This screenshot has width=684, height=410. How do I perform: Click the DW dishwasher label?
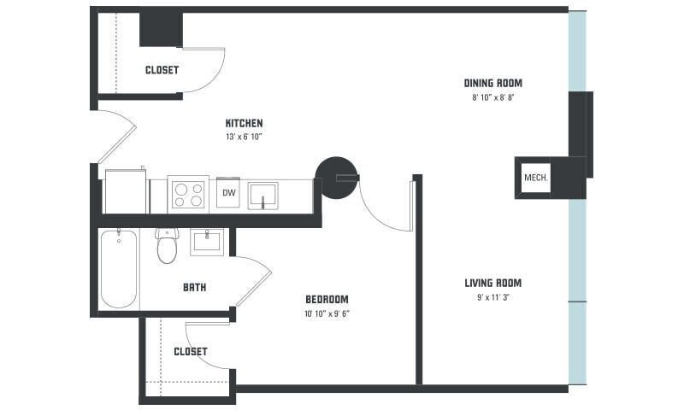(x=228, y=193)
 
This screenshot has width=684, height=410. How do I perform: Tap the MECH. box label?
(x=535, y=179)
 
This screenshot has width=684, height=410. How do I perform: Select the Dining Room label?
(x=492, y=84)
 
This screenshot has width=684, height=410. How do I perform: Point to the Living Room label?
(x=492, y=283)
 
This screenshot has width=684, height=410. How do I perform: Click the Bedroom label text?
(x=327, y=299)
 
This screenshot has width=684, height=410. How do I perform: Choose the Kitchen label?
(x=244, y=123)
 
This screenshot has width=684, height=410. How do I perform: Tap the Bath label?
(x=194, y=287)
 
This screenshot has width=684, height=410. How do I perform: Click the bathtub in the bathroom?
(x=119, y=268)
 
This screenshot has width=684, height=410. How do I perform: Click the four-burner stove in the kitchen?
(x=188, y=195)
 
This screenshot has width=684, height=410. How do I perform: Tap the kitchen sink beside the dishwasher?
(x=268, y=195)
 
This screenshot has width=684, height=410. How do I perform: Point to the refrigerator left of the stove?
(x=125, y=192)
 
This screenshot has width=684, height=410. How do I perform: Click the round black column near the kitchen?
(x=336, y=177)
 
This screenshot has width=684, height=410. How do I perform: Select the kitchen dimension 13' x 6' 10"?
(x=244, y=137)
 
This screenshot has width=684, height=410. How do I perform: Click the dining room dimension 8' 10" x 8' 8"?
(x=492, y=97)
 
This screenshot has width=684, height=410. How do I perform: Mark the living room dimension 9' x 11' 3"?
(x=492, y=297)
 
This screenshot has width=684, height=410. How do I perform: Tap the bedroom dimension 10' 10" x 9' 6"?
(x=327, y=313)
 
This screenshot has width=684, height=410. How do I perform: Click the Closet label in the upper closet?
(x=162, y=70)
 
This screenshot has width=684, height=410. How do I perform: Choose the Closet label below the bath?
(x=190, y=351)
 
